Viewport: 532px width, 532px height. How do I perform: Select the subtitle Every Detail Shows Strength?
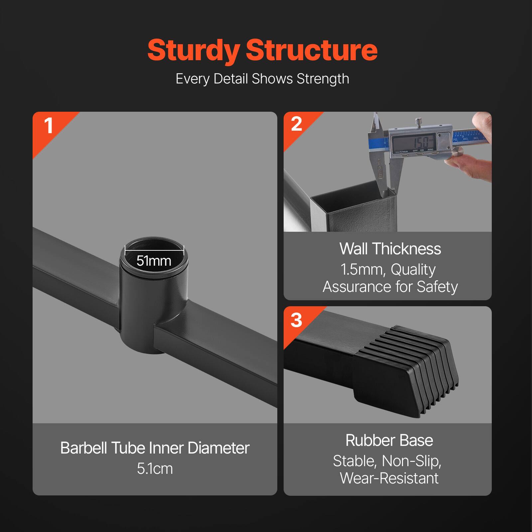(x=262, y=79)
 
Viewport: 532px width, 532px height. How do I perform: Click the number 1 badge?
(x=49, y=126)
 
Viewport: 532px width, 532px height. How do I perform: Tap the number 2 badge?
(x=296, y=124)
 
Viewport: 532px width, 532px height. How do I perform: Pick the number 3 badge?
(x=296, y=320)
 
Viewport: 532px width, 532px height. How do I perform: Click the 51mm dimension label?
(x=154, y=261)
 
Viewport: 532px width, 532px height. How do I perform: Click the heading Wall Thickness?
(x=390, y=249)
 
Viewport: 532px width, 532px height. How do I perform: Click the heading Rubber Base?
(x=389, y=441)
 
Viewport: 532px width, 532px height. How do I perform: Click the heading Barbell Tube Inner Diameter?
(x=155, y=448)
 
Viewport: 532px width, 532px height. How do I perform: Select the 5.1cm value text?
(x=155, y=469)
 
